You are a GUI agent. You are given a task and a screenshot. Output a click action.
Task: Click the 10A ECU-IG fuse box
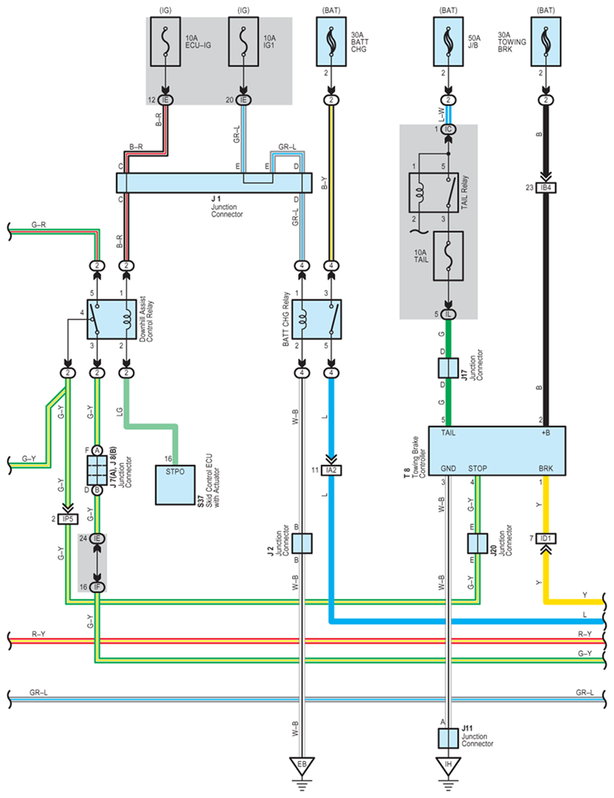165,42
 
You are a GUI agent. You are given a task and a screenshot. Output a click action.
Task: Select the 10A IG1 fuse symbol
243,42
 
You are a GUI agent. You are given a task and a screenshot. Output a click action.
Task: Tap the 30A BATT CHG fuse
331,42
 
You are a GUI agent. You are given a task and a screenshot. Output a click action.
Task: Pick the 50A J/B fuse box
448,42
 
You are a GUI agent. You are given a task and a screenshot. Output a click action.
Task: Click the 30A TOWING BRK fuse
546,42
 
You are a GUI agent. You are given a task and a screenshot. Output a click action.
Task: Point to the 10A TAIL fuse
448,256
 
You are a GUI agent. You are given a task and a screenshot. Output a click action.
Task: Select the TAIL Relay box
433,193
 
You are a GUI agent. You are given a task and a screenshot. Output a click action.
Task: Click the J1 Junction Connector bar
214,183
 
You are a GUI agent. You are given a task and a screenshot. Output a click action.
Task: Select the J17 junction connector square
448,368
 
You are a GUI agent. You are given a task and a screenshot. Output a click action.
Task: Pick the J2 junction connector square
302,543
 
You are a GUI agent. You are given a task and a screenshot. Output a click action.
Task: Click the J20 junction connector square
478,543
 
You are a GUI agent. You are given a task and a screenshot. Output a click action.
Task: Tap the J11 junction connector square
448,738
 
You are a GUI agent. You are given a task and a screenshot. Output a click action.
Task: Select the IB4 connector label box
546,188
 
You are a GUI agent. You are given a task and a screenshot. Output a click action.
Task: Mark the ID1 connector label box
546,539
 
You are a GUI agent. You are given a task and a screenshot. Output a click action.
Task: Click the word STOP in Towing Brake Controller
478,469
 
